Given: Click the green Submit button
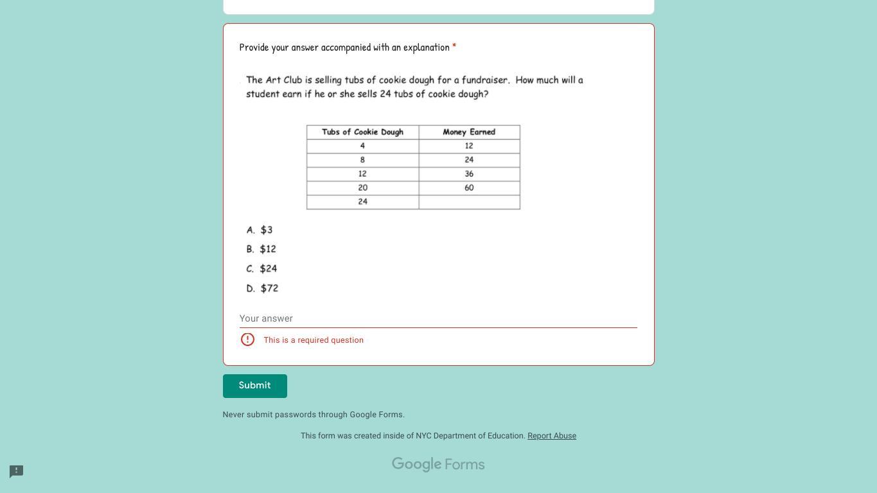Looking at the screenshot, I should click(x=254, y=386).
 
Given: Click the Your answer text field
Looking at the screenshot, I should click(x=438, y=318).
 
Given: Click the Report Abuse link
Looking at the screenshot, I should click(x=551, y=436).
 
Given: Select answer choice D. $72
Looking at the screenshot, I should click(x=263, y=289).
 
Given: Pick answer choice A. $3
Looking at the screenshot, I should click(x=260, y=230).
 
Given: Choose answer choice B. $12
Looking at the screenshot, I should click(x=261, y=249).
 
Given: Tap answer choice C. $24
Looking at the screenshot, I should click(x=262, y=269).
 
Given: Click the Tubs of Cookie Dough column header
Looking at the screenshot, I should click(x=362, y=132).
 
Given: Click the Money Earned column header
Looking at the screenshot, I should click(x=469, y=132).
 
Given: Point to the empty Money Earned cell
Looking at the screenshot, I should click(x=469, y=202).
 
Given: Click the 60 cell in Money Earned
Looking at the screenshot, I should click(x=469, y=188).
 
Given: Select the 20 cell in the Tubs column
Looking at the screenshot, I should click(x=362, y=188).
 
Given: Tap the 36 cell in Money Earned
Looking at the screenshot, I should click(x=469, y=174).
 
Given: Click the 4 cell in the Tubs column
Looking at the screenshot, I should click(x=362, y=146).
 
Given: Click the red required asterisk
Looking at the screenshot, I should click(x=454, y=47).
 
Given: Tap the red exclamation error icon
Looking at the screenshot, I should click(x=247, y=340).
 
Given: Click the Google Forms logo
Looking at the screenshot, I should click(x=438, y=464).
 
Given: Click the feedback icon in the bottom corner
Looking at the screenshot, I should click(x=17, y=472).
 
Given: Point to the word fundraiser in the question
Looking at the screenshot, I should click(x=485, y=80).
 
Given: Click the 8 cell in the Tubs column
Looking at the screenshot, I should click(x=362, y=160).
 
